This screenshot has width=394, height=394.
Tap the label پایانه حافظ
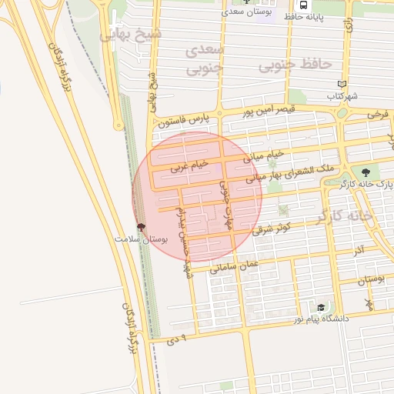(318, 15)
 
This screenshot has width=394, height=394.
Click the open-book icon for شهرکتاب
(342, 84)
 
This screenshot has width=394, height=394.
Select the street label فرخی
(378, 114)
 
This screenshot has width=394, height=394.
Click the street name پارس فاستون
(184, 120)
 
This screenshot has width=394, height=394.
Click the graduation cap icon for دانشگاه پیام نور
(321, 307)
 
